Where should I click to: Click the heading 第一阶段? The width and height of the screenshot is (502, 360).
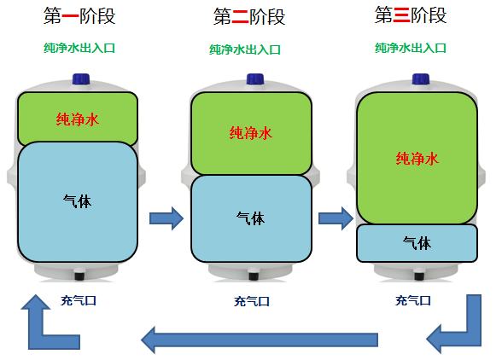[x=79, y=16]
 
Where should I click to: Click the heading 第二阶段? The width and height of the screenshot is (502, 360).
[x=249, y=17]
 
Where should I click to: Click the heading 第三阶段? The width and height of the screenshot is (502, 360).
[x=411, y=15]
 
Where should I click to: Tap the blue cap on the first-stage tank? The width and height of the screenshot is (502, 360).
[x=81, y=79]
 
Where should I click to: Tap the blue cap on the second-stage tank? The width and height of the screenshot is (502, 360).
[x=255, y=79]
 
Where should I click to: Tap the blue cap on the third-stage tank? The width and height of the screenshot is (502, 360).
[x=421, y=79]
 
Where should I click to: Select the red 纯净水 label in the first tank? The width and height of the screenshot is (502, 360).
[x=78, y=119]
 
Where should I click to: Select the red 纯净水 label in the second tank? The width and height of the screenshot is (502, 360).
[x=251, y=133]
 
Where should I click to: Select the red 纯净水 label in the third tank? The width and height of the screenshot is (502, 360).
[x=417, y=159]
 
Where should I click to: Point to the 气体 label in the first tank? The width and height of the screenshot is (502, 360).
[x=77, y=201]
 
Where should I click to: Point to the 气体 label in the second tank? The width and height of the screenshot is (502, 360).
[x=251, y=218]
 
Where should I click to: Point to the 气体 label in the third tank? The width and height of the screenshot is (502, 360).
[x=417, y=243]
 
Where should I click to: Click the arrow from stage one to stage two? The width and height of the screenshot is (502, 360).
[x=166, y=218]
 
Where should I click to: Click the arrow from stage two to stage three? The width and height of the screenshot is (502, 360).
[x=336, y=218]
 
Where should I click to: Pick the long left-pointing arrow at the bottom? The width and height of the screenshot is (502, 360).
[x=260, y=340]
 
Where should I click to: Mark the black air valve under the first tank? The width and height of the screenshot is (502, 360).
[x=79, y=276]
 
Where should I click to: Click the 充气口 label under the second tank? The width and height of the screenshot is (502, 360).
[x=252, y=301]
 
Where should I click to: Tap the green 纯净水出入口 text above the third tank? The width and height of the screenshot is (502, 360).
[x=411, y=48]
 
